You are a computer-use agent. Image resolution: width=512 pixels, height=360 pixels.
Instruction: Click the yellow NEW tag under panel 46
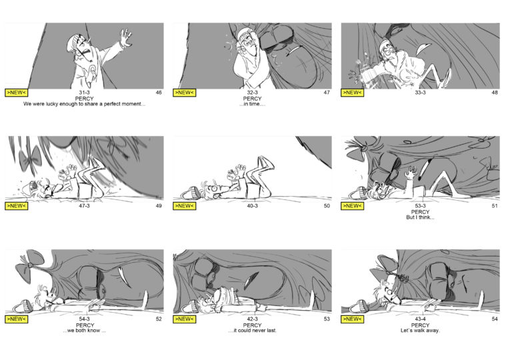(x=16, y=93)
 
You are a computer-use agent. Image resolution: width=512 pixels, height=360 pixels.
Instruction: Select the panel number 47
(x=327, y=93)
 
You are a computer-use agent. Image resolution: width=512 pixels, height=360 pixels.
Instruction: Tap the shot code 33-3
(x=420, y=93)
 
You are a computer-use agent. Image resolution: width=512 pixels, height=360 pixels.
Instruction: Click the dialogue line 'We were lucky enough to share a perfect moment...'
(x=84, y=104)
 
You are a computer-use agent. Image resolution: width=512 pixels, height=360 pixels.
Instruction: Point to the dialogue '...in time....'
(x=252, y=104)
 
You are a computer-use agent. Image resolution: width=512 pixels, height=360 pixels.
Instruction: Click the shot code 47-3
(x=84, y=206)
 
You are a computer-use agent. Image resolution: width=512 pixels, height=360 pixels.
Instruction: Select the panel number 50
(x=327, y=206)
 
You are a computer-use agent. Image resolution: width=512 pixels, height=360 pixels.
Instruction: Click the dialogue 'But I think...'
(x=420, y=217)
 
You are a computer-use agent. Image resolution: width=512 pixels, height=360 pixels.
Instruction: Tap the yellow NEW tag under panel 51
(x=352, y=206)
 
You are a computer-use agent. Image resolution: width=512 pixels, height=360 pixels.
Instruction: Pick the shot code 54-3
(x=84, y=319)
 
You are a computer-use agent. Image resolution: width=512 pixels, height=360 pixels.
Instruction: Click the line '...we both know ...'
(x=84, y=331)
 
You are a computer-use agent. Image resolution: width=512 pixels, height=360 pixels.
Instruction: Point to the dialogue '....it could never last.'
(x=252, y=331)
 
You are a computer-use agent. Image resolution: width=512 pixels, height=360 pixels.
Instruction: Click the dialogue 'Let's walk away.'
(x=420, y=331)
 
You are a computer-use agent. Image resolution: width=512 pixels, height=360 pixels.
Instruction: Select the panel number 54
(x=495, y=319)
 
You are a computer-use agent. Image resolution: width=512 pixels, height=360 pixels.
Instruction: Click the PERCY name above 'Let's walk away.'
(x=420, y=325)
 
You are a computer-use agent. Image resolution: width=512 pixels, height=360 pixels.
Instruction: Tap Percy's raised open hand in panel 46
(x=126, y=37)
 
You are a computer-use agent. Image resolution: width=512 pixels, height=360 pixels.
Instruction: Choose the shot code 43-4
(x=420, y=319)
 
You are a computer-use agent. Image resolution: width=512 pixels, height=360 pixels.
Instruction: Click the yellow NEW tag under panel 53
(x=185, y=319)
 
